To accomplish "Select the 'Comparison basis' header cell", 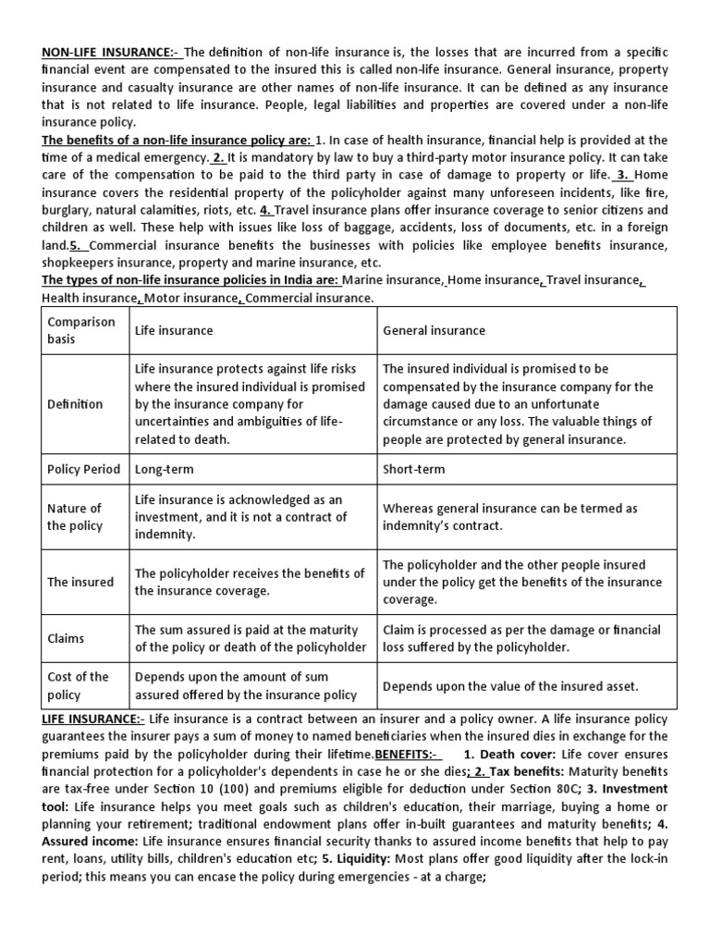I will pyautogui.click(x=81, y=330).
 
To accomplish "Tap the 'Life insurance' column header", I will pyautogui.click(x=174, y=330).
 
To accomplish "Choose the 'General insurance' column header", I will pyautogui.click(x=434, y=330).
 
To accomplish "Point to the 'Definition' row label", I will pyautogui.click(x=75, y=404).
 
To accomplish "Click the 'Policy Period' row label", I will pyautogui.click(x=84, y=469).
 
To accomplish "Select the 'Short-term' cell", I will pyautogui.click(x=413, y=469).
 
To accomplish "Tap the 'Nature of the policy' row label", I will pyautogui.click(x=75, y=517).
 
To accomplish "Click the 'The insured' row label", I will pyautogui.click(x=80, y=582).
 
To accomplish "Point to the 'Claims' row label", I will pyautogui.click(x=66, y=638).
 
